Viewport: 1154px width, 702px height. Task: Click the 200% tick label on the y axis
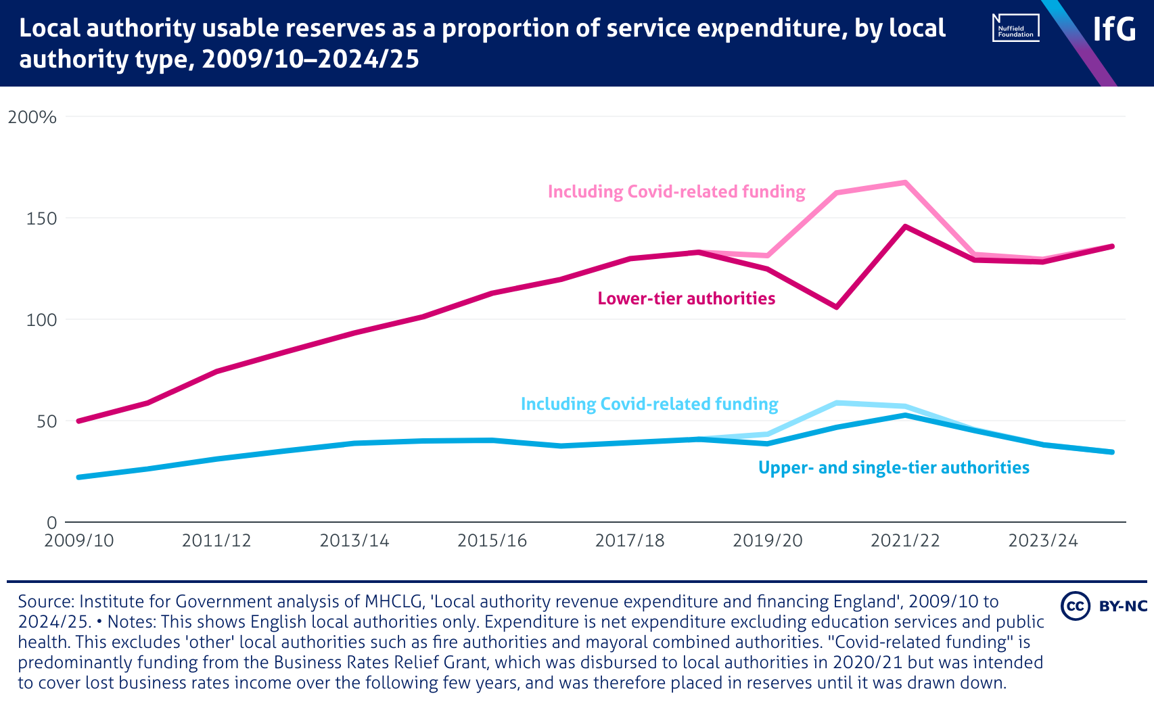click(32, 117)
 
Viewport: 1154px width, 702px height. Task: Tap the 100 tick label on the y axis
click(41, 320)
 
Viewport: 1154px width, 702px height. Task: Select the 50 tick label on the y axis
click(45, 421)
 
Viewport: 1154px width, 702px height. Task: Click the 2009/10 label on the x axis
click(79, 541)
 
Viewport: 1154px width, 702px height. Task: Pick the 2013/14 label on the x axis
click(354, 541)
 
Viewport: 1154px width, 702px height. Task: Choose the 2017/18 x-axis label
click(630, 541)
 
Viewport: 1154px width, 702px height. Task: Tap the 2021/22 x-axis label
click(905, 541)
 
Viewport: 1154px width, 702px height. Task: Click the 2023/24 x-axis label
click(1043, 541)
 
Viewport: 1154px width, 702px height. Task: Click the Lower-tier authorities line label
click(686, 299)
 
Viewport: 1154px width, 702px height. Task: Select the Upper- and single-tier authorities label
click(894, 468)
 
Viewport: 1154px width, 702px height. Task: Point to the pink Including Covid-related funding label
click(676, 192)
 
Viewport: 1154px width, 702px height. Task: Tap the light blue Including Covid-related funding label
click(649, 404)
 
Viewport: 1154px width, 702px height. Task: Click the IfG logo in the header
click(1114, 29)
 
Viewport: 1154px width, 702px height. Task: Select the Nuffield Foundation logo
click(1015, 28)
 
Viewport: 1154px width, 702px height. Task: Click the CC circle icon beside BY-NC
click(1075, 606)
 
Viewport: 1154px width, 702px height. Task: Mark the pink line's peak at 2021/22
click(905, 183)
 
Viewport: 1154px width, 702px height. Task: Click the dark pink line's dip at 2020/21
click(836, 307)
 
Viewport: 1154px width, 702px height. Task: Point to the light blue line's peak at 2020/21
click(836, 403)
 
